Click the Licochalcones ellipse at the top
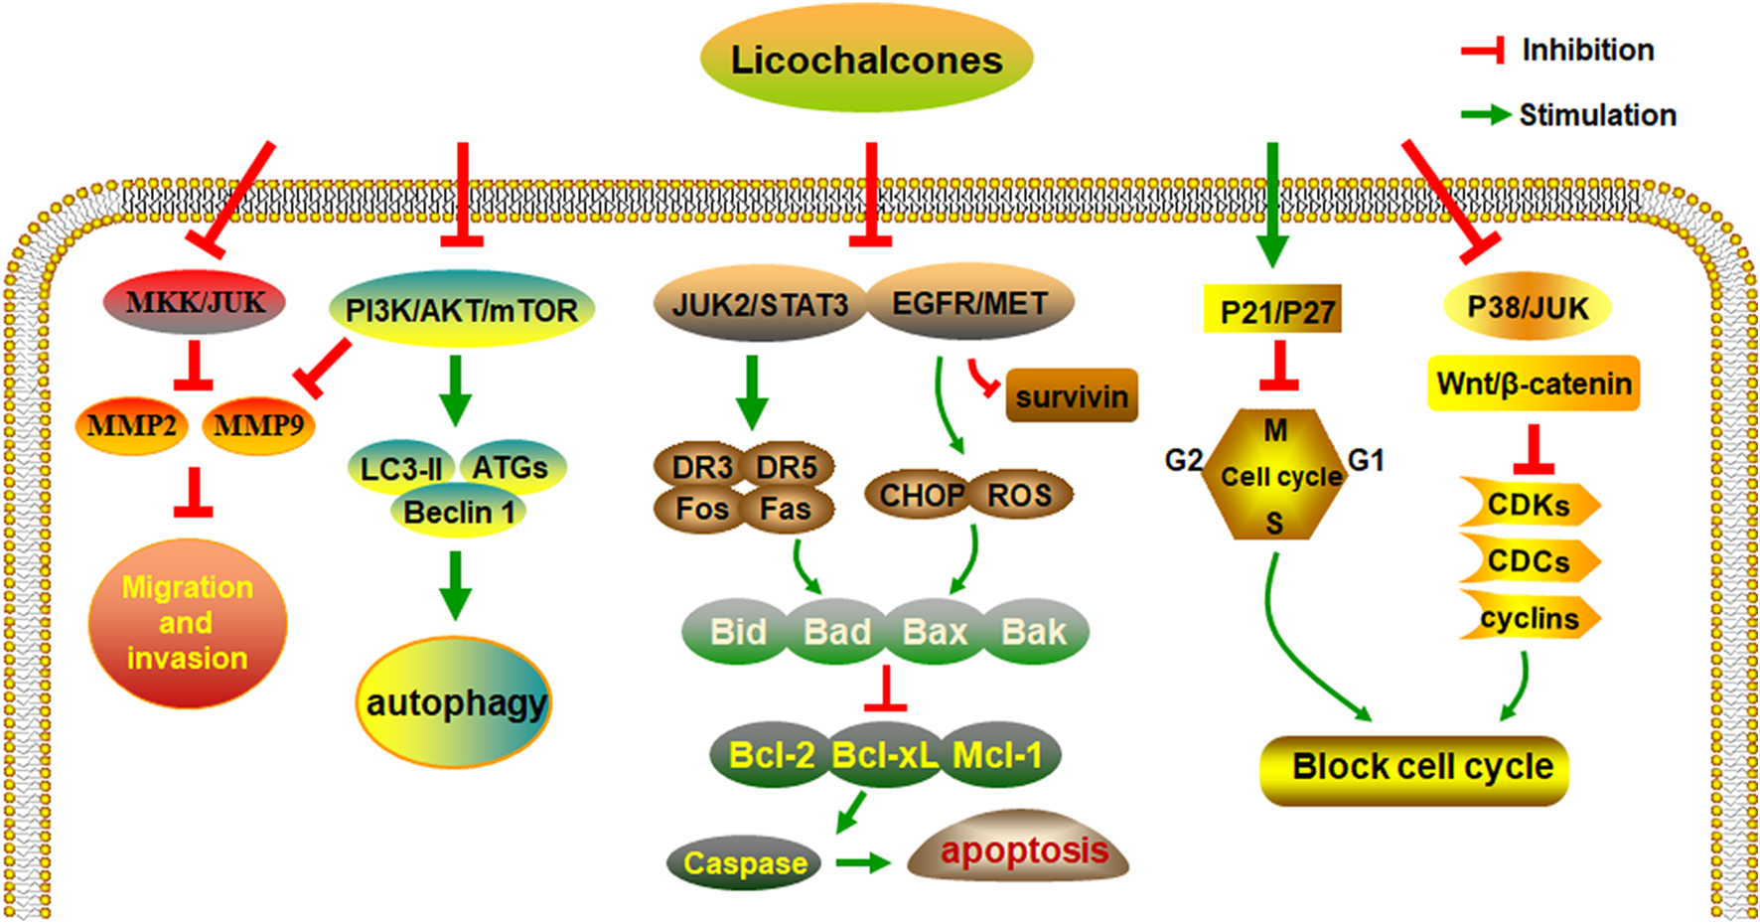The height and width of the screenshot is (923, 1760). click(x=866, y=59)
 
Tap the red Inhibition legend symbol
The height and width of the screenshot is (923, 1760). click(x=1483, y=51)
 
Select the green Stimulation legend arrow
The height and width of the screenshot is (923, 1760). click(x=1486, y=115)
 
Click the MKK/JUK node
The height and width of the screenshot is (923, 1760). click(x=195, y=302)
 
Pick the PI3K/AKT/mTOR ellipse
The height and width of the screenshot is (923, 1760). click(x=461, y=310)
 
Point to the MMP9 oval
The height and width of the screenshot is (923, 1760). click(x=258, y=426)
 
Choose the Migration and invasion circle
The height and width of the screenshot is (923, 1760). click(x=187, y=623)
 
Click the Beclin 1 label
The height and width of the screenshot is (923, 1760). click(x=458, y=513)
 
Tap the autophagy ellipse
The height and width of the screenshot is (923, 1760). click(x=455, y=702)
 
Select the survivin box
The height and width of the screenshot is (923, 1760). click(x=1071, y=396)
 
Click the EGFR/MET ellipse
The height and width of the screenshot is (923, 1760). click(x=970, y=302)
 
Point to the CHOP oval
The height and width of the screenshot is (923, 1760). click(x=920, y=495)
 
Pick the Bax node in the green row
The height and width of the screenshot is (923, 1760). click(x=935, y=631)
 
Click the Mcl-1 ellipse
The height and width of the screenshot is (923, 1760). click(x=998, y=756)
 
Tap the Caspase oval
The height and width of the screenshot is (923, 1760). click(x=745, y=862)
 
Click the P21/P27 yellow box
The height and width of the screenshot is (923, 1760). click(x=1275, y=312)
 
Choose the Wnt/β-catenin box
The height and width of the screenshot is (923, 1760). click(x=1534, y=384)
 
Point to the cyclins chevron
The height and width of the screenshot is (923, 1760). click(x=1529, y=618)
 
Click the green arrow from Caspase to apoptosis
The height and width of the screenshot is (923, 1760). click(x=862, y=862)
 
